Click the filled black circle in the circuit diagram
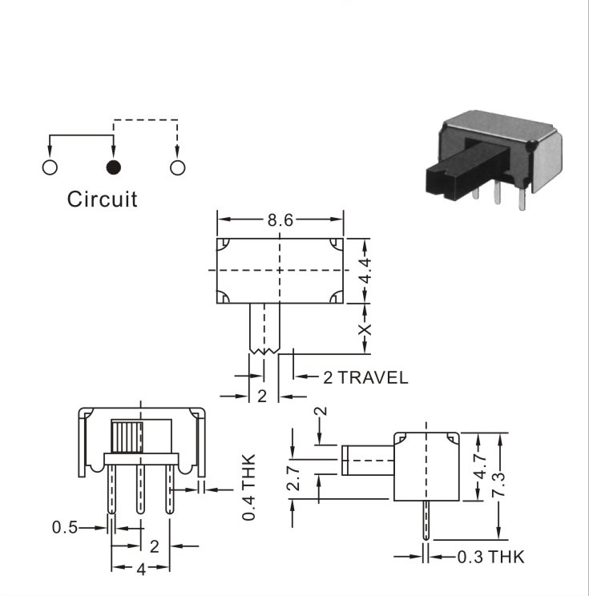[x=113, y=167]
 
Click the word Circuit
[x=102, y=199]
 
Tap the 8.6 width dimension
[x=280, y=220]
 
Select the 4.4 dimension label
[x=365, y=271]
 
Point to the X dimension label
[x=365, y=329]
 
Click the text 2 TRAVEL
[x=365, y=377]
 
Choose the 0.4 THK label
[x=248, y=487]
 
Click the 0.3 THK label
[x=490, y=557]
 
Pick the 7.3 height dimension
[x=498, y=485]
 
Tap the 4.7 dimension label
[x=481, y=466]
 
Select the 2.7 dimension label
[x=293, y=478]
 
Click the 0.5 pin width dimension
[x=65, y=528]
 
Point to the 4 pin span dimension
[x=141, y=570]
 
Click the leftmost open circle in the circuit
[x=50, y=167]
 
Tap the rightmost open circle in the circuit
[x=178, y=167]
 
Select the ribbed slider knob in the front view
[x=127, y=437]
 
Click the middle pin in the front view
[x=141, y=489]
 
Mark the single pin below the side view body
[x=426, y=521]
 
